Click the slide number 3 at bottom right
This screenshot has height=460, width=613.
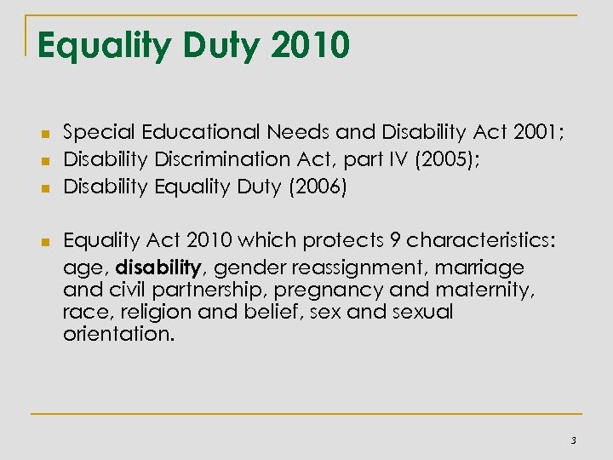(x=574, y=440)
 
